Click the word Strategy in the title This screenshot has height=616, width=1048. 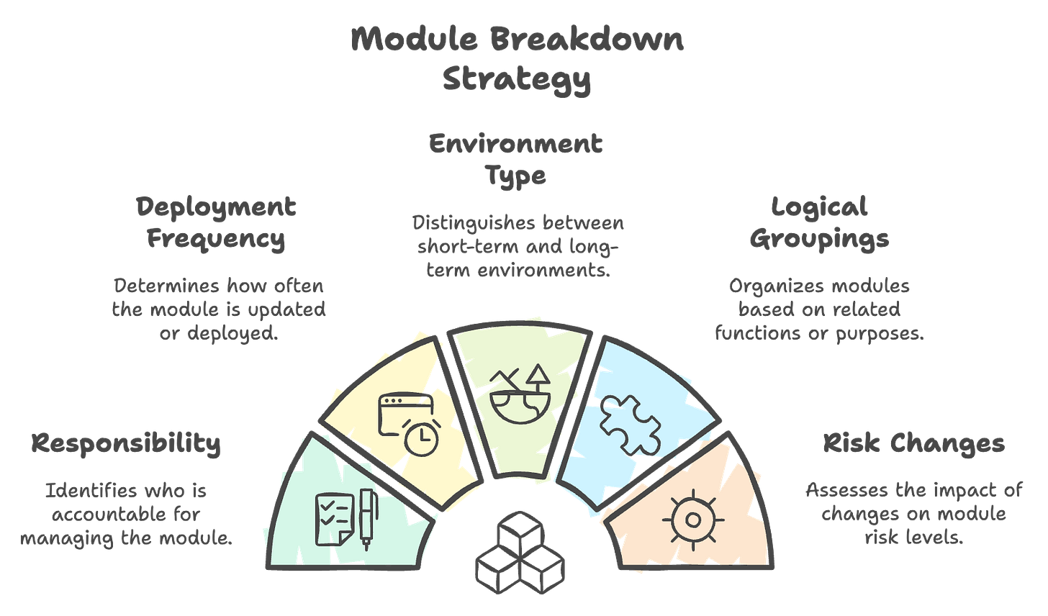click(x=516, y=79)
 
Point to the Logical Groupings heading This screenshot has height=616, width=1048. click(x=819, y=223)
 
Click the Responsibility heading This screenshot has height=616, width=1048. click(x=126, y=444)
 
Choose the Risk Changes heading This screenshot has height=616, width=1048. click(x=913, y=444)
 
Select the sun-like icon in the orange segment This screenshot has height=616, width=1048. click(x=692, y=518)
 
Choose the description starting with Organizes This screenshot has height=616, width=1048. click(x=819, y=309)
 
